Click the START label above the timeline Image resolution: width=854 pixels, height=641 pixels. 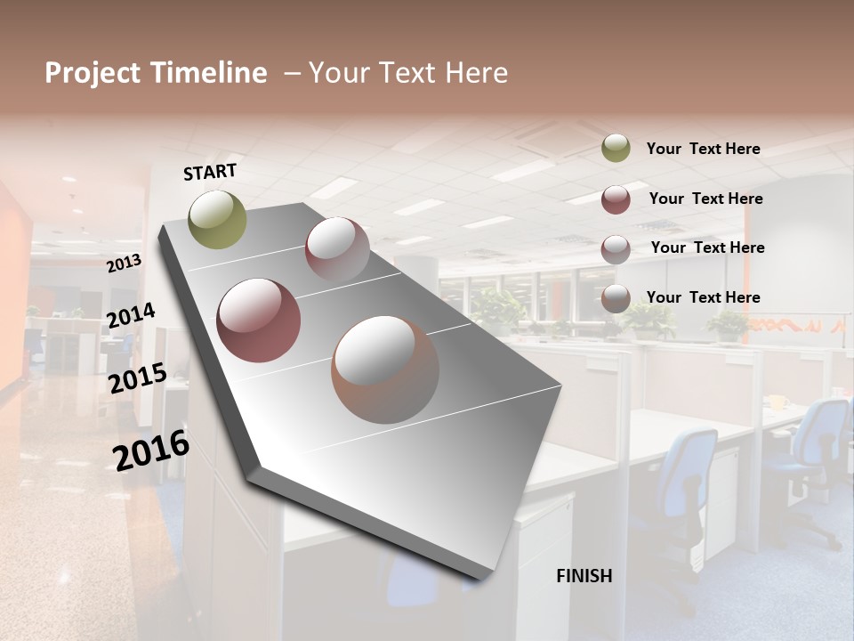(210, 172)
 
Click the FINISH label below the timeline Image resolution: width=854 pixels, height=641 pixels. (584, 576)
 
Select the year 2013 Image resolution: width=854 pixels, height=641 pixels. (124, 263)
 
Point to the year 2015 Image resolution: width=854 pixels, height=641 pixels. (137, 377)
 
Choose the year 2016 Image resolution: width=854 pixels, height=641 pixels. (151, 450)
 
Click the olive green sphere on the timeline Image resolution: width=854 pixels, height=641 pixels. (217, 219)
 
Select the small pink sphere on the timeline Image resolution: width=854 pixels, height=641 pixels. (337, 249)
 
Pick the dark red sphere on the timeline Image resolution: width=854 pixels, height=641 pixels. (258, 320)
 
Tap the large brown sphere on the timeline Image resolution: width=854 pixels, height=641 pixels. (385, 369)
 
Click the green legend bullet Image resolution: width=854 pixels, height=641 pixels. (616, 149)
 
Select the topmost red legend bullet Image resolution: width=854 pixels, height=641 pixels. (616, 199)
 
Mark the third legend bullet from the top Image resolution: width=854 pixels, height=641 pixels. (616, 248)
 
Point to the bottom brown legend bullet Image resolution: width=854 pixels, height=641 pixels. (616, 298)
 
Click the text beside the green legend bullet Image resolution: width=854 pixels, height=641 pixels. (703, 150)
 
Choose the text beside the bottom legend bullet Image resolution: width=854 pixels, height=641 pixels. (703, 297)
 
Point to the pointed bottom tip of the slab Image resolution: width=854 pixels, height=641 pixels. (481, 579)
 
